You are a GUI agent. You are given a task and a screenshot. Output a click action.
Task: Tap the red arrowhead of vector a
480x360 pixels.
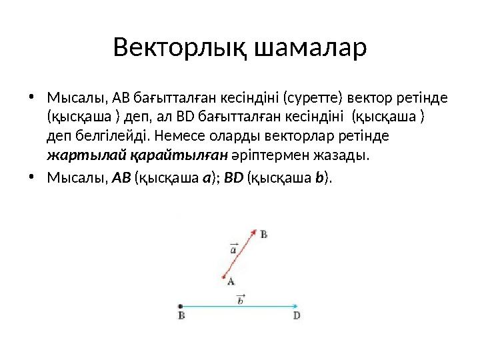point(255,231)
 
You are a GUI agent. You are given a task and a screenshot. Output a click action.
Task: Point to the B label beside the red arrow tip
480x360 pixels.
point(264,234)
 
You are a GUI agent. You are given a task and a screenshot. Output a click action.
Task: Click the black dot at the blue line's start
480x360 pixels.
point(181,307)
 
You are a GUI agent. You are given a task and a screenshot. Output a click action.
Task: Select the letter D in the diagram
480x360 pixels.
point(297,316)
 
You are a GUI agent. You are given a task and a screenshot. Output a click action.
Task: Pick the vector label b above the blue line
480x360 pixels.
point(241,300)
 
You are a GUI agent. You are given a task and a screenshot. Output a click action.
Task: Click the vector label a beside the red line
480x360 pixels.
point(233,249)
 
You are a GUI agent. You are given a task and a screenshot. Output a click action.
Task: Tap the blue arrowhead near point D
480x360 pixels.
point(295,307)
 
